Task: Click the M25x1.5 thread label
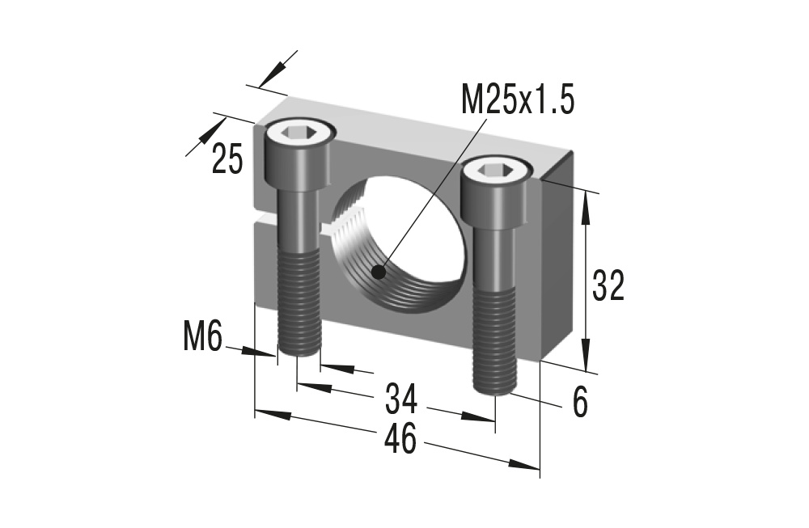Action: pos(517,101)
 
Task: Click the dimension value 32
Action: pos(608,285)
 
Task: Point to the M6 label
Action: pos(201,336)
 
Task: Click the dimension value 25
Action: pos(227,159)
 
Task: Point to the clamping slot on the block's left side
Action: pos(261,218)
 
